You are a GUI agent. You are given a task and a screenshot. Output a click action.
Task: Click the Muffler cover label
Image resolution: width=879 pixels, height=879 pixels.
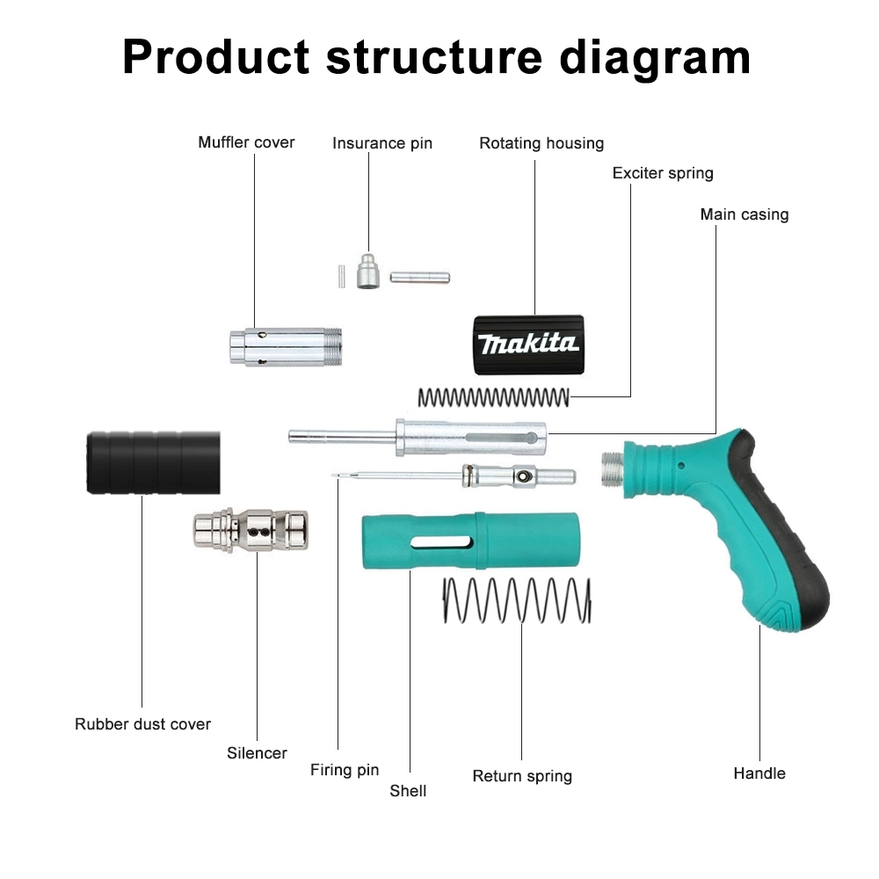click(x=246, y=142)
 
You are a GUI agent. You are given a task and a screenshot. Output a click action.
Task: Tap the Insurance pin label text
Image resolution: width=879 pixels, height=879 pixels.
click(x=382, y=143)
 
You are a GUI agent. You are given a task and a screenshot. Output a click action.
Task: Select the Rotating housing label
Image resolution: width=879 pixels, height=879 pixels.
click(x=541, y=143)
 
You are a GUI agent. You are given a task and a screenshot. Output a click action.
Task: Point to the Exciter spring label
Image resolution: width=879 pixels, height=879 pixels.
click(x=663, y=173)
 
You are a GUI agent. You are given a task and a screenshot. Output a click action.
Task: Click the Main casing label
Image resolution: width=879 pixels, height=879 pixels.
click(x=745, y=214)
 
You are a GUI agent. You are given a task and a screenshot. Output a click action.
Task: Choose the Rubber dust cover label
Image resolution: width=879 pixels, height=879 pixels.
click(x=142, y=724)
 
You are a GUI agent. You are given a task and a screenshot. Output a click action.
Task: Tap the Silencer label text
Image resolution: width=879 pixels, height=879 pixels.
click(x=257, y=753)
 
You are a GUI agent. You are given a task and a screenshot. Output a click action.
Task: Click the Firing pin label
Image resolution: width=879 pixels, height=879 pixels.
click(x=345, y=771)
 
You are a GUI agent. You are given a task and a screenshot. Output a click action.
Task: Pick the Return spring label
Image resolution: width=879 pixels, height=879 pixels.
click(x=522, y=776)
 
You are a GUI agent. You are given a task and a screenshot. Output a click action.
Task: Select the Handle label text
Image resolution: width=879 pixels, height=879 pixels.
click(x=759, y=774)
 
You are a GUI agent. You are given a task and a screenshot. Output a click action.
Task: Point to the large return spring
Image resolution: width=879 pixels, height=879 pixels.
click(x=516, y=600)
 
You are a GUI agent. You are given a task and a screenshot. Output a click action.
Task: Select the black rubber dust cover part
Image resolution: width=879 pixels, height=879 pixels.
click(x=153, y=462)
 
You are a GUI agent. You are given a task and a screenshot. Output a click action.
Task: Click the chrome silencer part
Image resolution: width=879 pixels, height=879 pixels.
click(x=251, y=530)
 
